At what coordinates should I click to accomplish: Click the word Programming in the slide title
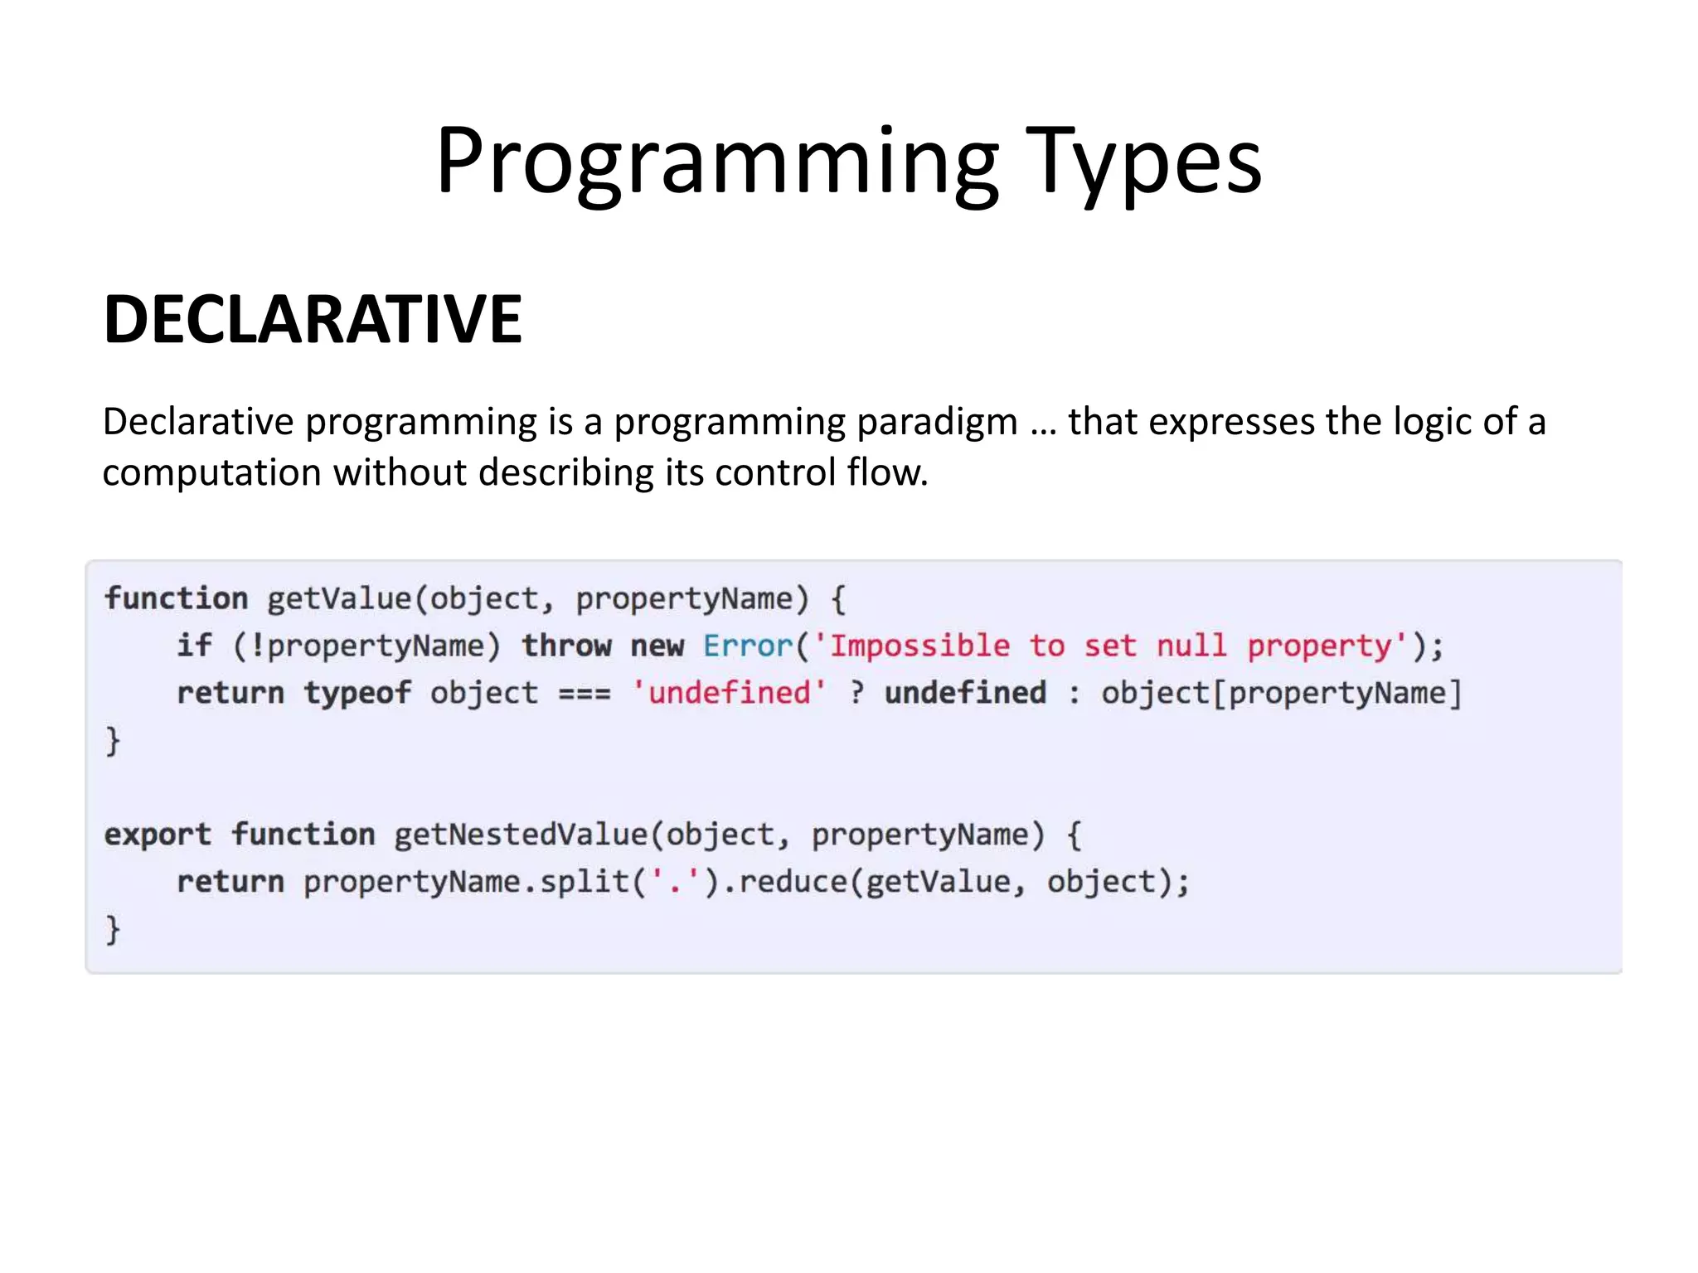[717, 162]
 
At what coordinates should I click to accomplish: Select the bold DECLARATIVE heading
[313, 319]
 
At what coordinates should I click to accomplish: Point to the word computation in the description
[211, 473]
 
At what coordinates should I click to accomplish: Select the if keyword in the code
[194, 646]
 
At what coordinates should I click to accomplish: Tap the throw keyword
[566, 646]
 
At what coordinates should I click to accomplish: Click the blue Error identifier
[748, 646]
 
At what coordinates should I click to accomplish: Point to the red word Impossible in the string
[919, 646]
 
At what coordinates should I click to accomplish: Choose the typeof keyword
[357, 693]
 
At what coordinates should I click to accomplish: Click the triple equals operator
[585, 693]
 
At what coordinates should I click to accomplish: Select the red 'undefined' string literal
[729, 693]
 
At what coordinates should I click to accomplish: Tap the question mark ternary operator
[856, 693]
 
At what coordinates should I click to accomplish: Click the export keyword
[158, 835]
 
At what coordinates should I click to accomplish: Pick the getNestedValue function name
[521, 835]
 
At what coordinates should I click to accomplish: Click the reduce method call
[793, 882]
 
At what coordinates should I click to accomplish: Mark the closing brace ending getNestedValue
[113, 929]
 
